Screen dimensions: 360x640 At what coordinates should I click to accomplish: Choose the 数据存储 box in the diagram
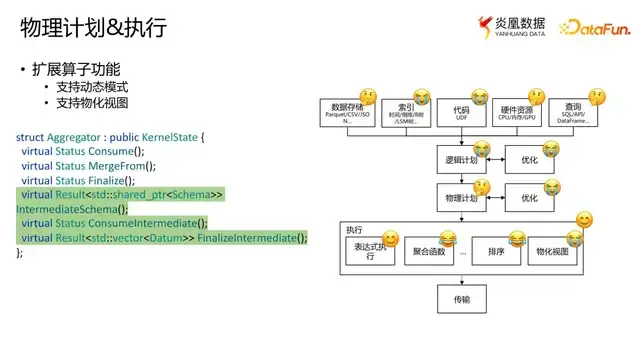coord(348,112)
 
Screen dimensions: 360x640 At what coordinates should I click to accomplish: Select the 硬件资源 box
coord(517,112)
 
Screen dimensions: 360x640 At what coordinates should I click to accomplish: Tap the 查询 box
coord(573,112)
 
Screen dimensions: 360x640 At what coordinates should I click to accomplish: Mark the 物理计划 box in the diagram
coord(461,198)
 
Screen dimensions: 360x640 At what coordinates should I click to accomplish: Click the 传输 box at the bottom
coord(460,298)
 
